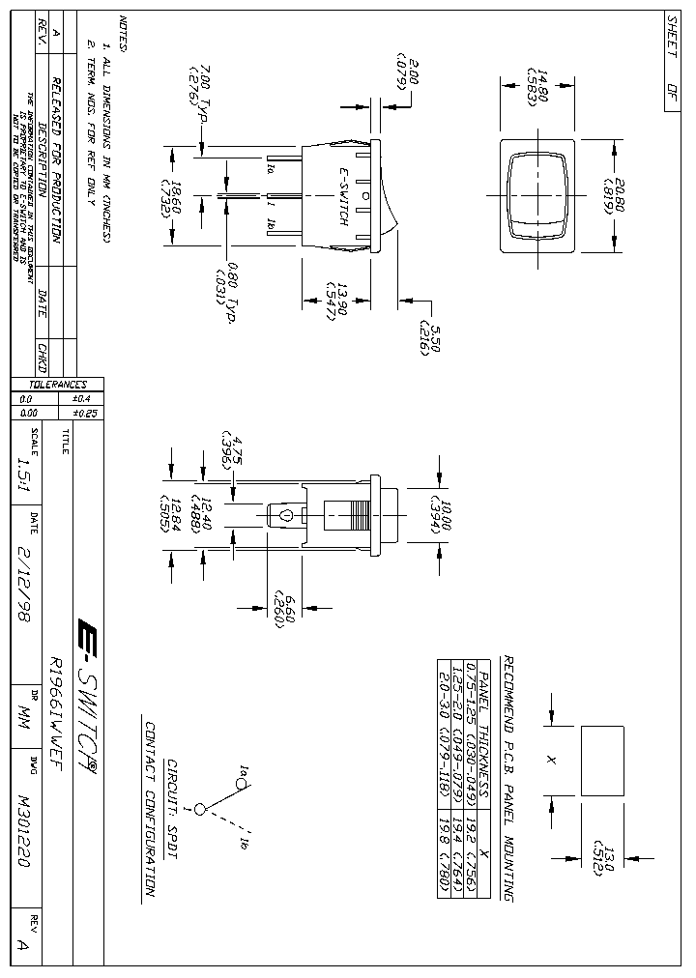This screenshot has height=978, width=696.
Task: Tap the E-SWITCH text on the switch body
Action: (342, 197)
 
